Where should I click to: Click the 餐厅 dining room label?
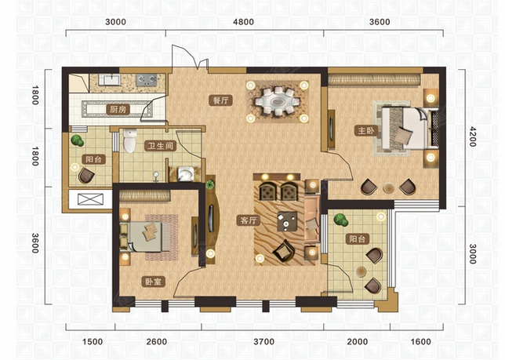tap(220, 100)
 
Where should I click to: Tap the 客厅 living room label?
tap(249, 220)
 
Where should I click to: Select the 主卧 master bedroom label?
tap(366, 130)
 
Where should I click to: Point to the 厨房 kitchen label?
tap(118, 110)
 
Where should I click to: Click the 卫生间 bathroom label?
tap(161, 146)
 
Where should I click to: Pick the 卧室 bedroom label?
tap(154, 282)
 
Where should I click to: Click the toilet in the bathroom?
tap(130, 140)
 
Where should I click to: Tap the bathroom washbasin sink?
tap(186, 175)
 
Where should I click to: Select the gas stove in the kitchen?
tap(146, 80)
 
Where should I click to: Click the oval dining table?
tap(278, 102)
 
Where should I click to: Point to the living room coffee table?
tap(287, 221)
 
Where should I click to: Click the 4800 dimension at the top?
tap(243, 22)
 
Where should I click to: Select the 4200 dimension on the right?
tap(472, 136)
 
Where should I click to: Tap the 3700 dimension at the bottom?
tap(263, 342)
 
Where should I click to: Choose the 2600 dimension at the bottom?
tap(157, 342)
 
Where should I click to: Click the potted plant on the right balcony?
tap(341, 220)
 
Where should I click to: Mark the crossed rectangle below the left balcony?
tap(91, 199)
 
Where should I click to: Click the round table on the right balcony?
tap(361, 272)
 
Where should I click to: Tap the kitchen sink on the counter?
tap(110, 79)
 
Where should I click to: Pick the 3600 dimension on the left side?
tap(35, 243)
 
